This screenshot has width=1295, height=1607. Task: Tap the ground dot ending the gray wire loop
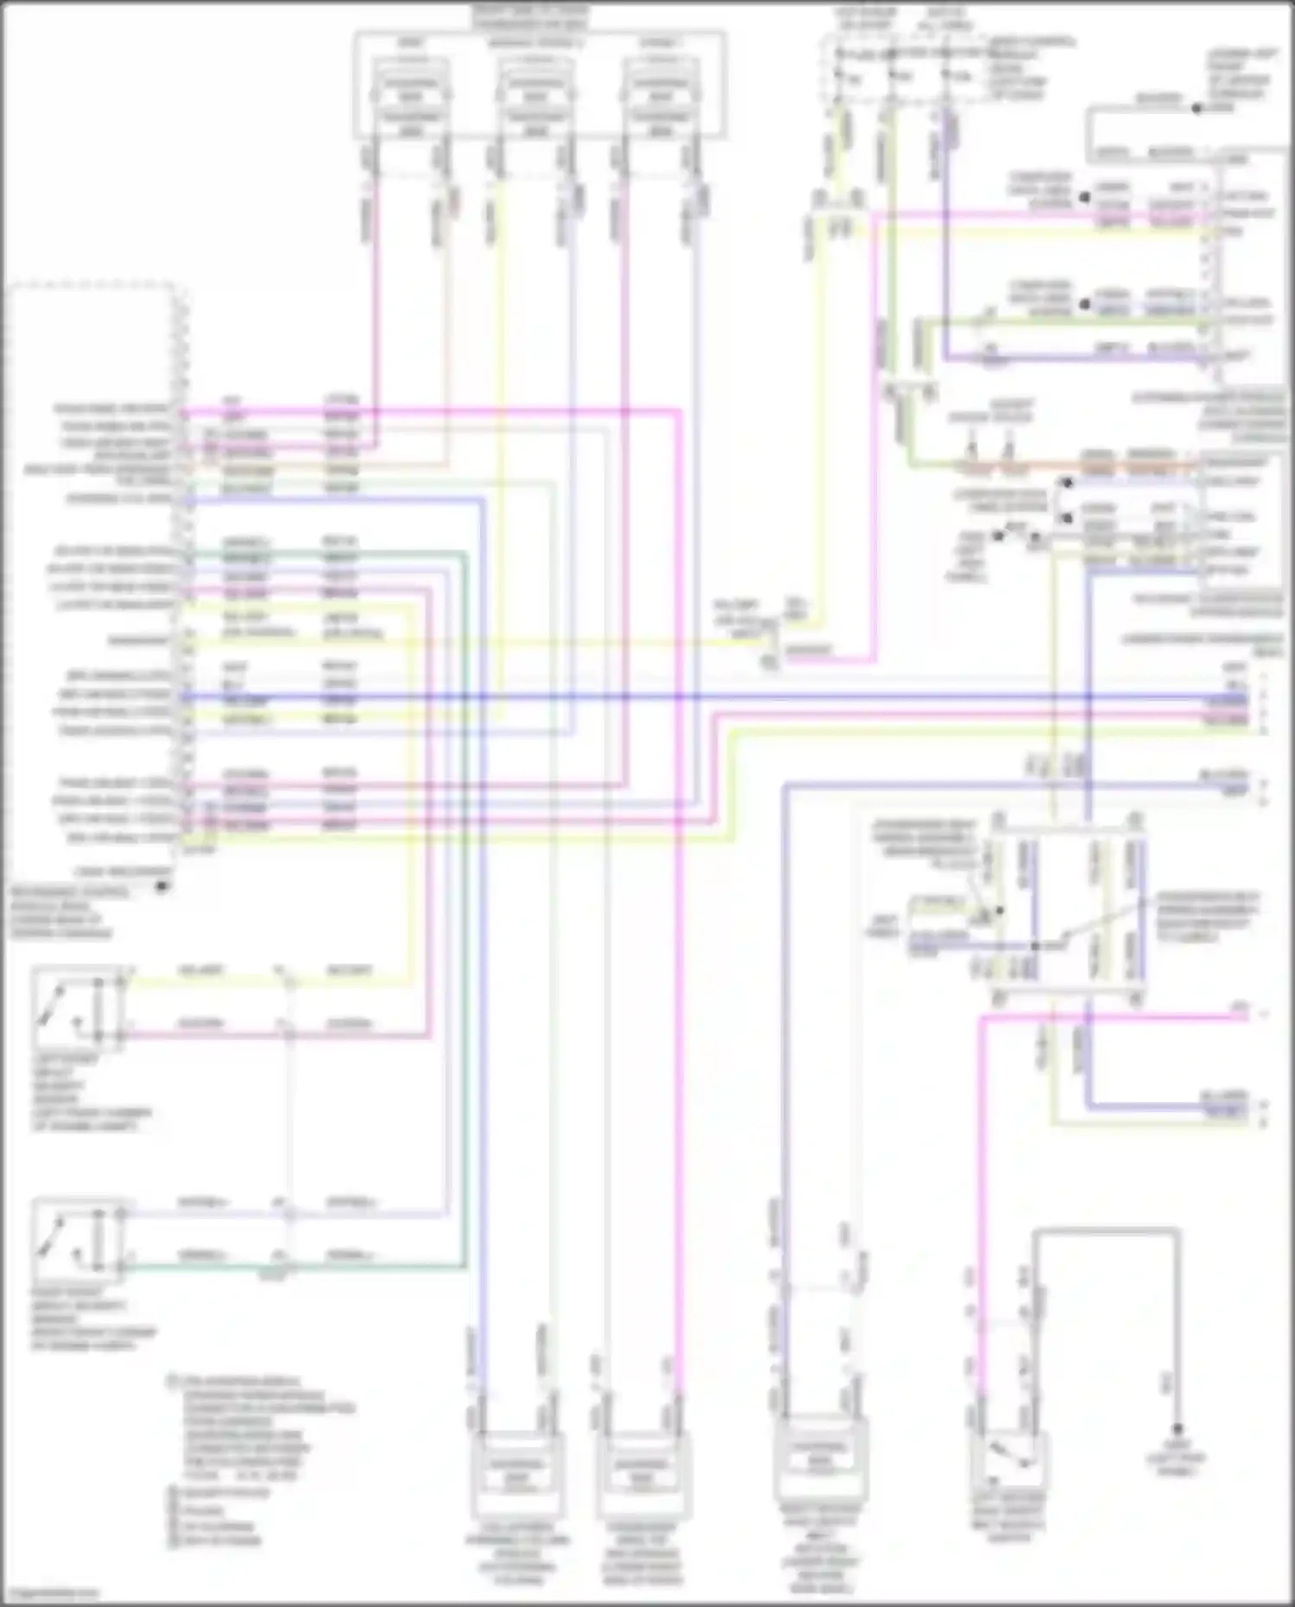click(1176, 1430)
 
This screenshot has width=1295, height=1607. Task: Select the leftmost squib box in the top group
click(412, 97)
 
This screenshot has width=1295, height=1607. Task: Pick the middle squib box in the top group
click(535, 97)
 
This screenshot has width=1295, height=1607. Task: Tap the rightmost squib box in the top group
click(660, 97)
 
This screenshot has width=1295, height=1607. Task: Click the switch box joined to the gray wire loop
click(1008, 1459)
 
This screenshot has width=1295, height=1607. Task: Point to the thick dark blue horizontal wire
click(691, 697)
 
